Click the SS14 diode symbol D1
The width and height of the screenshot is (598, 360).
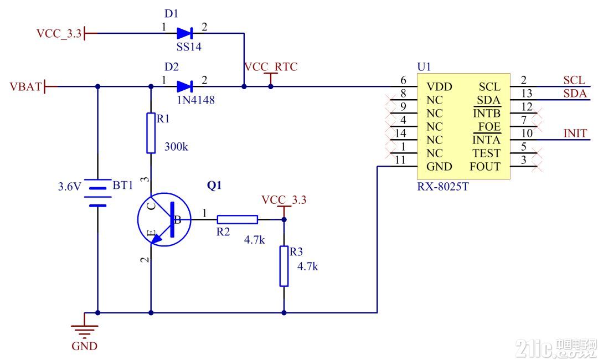point(185,33)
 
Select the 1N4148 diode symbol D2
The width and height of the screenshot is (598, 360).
point(185,86)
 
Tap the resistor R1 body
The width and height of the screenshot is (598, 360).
point(151,133)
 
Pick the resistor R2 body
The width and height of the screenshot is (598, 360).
point(237,219)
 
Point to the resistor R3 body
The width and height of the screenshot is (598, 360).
point(283,266)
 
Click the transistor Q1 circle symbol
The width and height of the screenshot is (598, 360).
point(164,219)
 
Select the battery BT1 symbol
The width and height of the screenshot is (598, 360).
point(97,193)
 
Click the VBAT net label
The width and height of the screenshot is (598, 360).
point(25,86)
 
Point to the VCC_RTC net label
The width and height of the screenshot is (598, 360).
point(270,66)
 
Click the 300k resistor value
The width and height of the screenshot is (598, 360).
point(176,146)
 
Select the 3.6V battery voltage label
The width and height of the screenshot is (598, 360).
point(70,187)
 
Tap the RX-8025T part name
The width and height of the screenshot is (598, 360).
point(443,187)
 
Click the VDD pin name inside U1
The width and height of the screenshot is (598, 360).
point(439,86)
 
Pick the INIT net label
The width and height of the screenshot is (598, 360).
point(575,133)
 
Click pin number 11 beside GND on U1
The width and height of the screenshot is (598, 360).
point(400,160)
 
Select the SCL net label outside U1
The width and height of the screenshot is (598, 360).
point(574,80)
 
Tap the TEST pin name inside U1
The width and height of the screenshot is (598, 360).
point(486,153)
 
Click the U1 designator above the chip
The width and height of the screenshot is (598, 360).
point(424,67)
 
